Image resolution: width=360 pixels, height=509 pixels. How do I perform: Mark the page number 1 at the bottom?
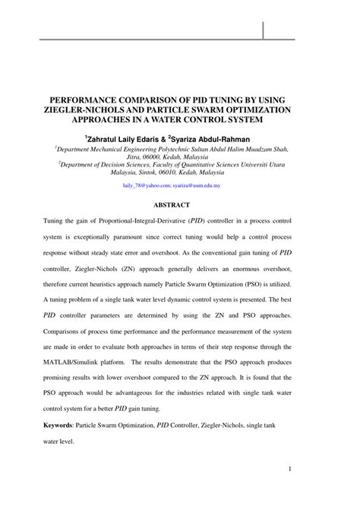291,490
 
